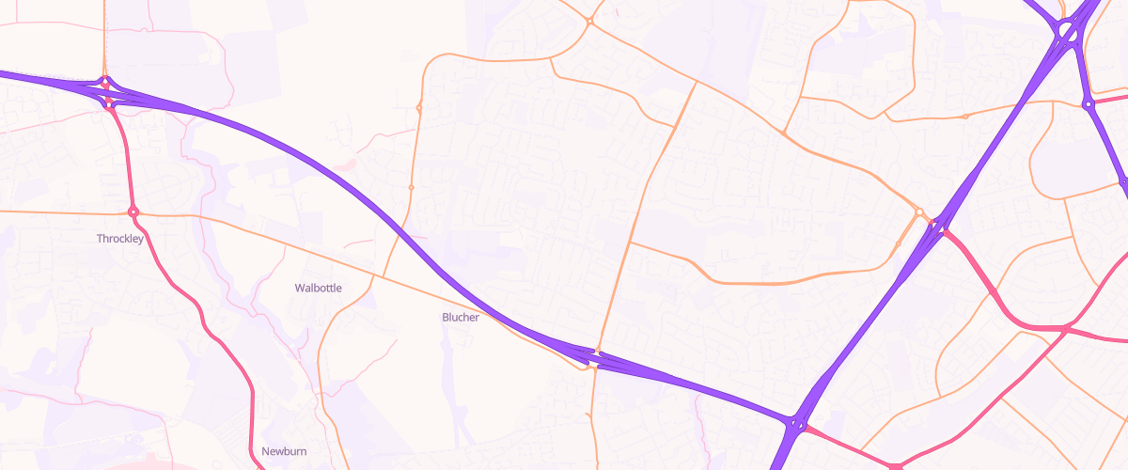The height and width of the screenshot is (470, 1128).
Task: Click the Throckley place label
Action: pyautogui.click(x=119, y=239)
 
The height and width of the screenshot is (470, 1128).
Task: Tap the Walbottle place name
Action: pyautogui.click(x=318, y=288)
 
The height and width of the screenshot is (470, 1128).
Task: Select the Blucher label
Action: pyautogui.click(x=461, y=317)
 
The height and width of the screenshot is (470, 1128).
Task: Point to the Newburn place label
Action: pyautogui.click(x=284, y=451)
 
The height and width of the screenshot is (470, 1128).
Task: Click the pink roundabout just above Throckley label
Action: pyautogui.click(x=133, y=212)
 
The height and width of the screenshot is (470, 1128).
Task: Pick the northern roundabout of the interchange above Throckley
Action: pyautogui.click(x=106, y=82)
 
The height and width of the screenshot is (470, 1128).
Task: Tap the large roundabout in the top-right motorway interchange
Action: pyautogui.click(x=1068, y=32)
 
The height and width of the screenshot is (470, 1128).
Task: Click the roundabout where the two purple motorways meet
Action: pyautogui.click(x=796, y=425)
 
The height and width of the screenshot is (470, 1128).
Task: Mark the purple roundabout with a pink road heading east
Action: pyautogui.click(x=1089, y=104)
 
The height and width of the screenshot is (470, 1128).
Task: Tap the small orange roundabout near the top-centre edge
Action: pyautogui.click(x=589, y=21)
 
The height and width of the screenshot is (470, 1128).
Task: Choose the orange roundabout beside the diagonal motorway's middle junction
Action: pyautogui.click(x=919, y=212)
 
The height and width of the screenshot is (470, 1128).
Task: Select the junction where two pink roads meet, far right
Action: pyautogui.click(x=1064, y=330)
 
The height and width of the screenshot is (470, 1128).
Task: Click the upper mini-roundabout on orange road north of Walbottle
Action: pyautogui.click(x=418, y=108)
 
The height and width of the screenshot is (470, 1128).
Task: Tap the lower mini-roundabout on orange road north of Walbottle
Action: pyautogui.click(x=411, y=188)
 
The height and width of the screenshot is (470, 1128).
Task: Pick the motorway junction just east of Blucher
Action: pyautogui.click(x=596, y=358)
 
